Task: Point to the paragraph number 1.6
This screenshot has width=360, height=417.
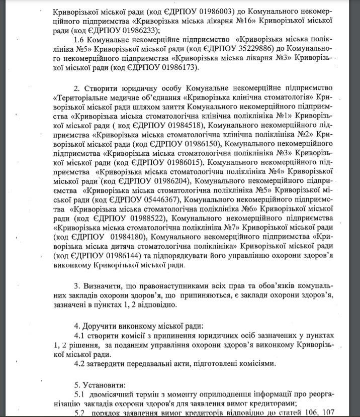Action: pos(79,39)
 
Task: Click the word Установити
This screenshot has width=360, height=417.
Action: pos(103,384)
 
